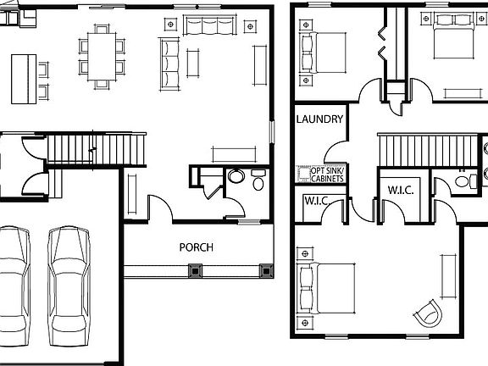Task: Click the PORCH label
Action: [x=196, y=247]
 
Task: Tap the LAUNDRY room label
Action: [x=319, y=119]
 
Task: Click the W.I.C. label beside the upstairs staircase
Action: [x=400, y=190]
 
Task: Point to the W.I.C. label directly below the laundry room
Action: [x=315, y=201]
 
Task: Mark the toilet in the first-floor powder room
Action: [x=258, y=180]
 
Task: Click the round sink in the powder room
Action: [x=236, y=176]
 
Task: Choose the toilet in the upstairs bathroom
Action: [x=463, y=180]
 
